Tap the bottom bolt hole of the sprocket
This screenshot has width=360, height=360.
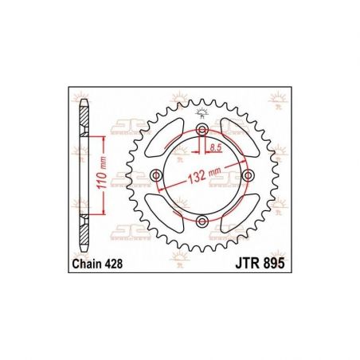202,220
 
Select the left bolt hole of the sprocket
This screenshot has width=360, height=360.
156,175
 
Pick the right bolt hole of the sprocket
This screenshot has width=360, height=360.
248,175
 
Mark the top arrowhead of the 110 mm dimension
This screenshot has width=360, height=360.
105,139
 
